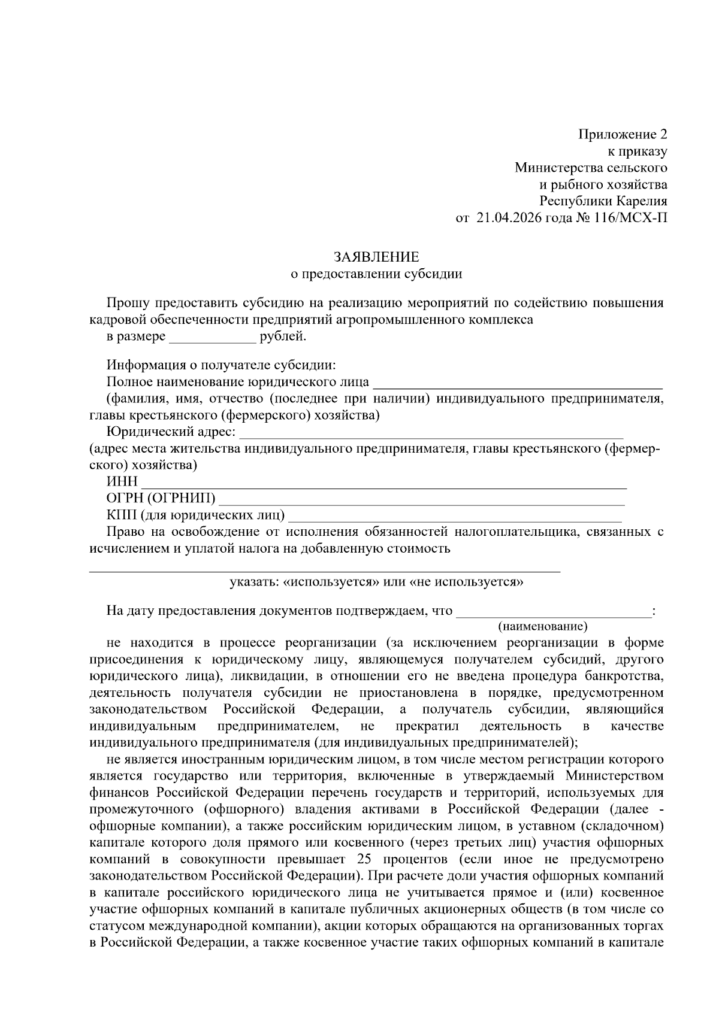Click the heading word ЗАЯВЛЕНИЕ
click(376, 257)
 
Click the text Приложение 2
click(623, 134)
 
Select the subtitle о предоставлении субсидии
click(376, 274)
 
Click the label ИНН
click(122, 482)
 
